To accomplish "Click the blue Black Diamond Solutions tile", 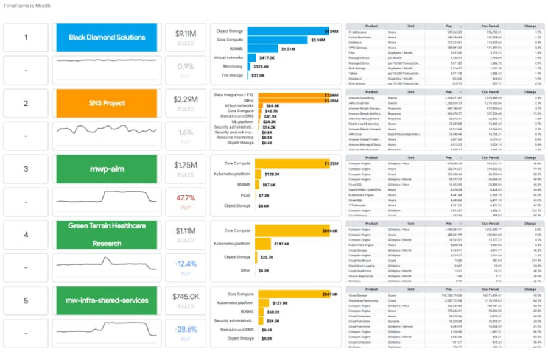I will click(x=107, y=37).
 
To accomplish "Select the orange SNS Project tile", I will click(x=107, y=103).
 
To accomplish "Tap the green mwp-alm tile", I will click(x=107, y=169).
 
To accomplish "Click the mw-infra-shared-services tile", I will click(x=107, y=300).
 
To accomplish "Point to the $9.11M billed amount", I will click(x=185, y=34).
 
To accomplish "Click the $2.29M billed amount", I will click(x=185, y=99).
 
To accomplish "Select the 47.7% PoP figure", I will click(x=185, y=198).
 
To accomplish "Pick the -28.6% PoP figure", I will click(x=185, y=329).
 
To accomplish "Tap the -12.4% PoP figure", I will click(x=185, y=263).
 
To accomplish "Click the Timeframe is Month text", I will click(x=27, y=5).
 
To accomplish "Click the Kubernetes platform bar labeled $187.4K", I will click(x=263, y=244).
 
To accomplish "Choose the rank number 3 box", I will click(x=26, y=169).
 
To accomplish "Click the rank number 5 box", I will click(x=26, y=300).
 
